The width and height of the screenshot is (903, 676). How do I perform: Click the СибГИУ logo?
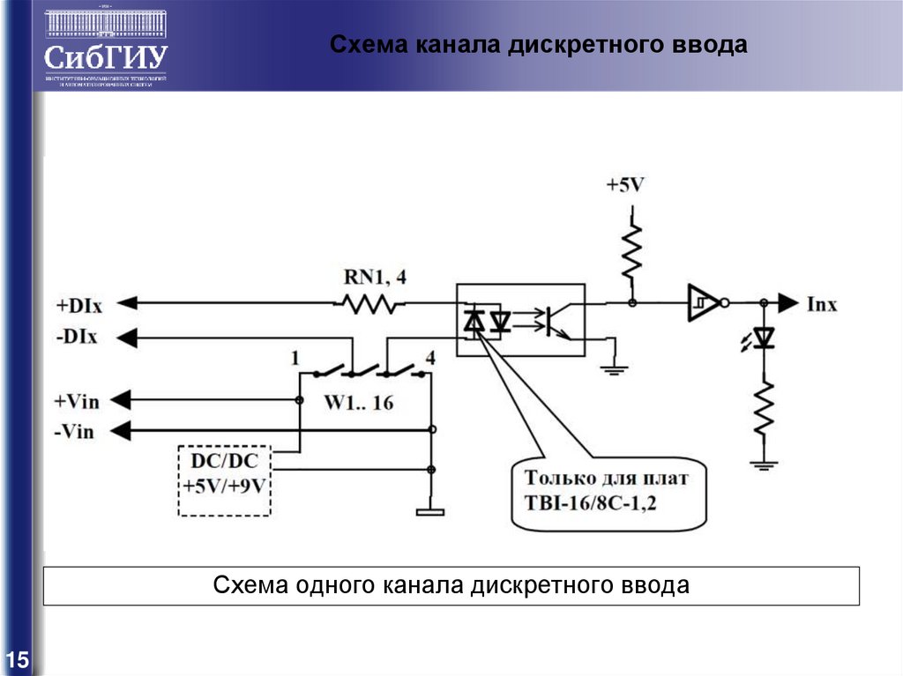click(x=106, y=48)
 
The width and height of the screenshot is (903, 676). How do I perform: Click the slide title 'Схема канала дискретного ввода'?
click(x=539, y=45)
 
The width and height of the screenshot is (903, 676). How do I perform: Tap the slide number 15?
click(x=18, y=659)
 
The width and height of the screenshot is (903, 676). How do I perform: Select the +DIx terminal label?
click(x=79, y=306)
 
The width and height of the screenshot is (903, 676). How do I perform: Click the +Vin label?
click(x=77, y=401)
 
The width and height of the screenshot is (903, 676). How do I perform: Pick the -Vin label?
click(x=75, y=432)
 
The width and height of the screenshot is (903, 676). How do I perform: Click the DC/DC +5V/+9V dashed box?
click(x=226, y=481)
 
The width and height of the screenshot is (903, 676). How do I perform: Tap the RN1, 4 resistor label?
click(x=375, y=278)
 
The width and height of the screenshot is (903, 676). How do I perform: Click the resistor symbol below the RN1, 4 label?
click(x=368, y=304)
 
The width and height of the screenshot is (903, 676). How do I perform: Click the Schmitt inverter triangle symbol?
click(x=702, y=303)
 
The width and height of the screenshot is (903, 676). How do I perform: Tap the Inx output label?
click(x=822, y=305)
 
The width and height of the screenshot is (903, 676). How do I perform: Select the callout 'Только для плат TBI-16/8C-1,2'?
click(x=608, y=492)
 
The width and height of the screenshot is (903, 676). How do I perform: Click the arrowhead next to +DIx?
click(x=128, y=304)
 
